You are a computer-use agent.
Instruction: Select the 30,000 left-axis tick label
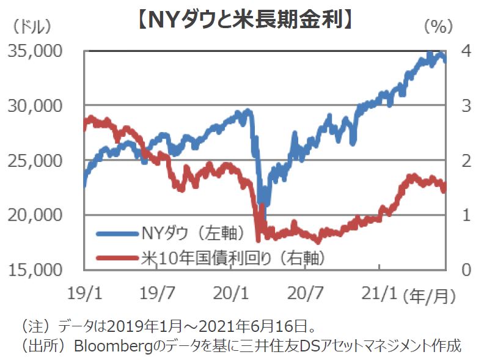tap(35, 106)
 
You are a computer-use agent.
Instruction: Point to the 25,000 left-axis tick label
tap(35, 161)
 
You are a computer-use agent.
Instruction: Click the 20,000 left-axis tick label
tap(35, 215)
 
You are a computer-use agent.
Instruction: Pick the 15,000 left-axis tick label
tap(35, 270)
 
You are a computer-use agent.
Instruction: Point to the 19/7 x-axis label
tap(157, 294)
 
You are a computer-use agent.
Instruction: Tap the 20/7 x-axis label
tap(305, 294)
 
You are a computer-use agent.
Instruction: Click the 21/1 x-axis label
tap(379, 294)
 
